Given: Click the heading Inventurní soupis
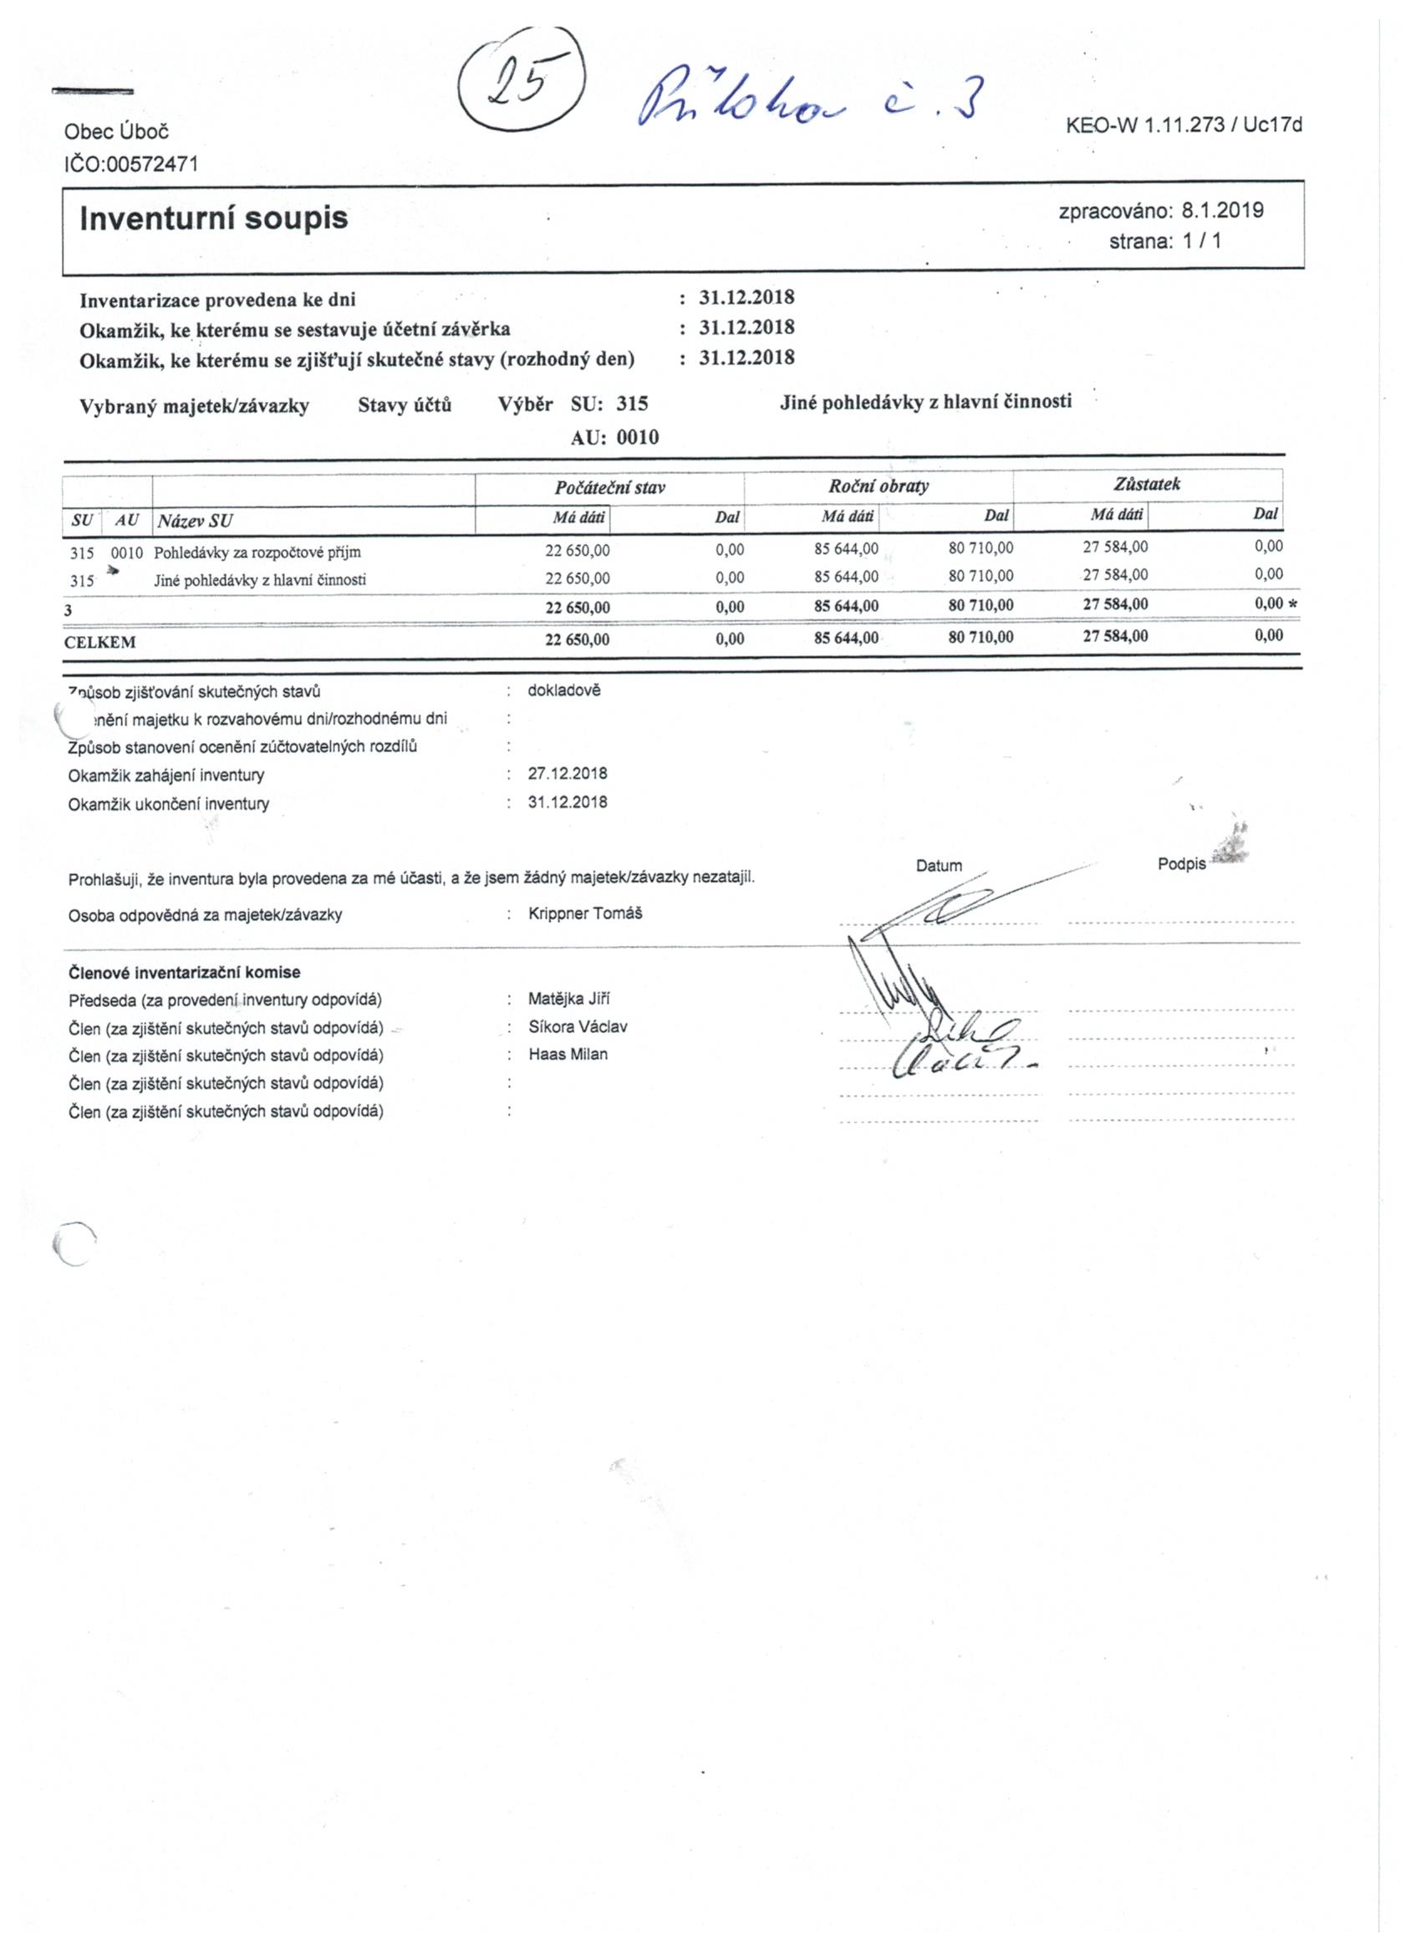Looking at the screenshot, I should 214,218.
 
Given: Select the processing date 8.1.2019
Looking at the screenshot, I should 1222,211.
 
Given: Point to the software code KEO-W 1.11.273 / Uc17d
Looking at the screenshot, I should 1183,125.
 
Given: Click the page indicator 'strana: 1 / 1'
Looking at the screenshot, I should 1164,242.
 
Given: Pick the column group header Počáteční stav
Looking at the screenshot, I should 609,487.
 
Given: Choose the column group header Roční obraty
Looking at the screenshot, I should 879,486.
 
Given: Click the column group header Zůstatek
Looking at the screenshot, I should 1146,484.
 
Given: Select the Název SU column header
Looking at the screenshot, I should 195,521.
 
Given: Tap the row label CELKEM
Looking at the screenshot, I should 100,642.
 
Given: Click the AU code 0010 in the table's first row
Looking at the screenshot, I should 127,552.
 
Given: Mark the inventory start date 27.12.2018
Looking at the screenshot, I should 567,774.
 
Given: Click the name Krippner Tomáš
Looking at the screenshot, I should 585,913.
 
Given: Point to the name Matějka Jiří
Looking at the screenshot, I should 568,1000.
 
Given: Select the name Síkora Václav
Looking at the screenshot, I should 578,1027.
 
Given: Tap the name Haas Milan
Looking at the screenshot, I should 568,1055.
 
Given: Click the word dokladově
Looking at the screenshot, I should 563,691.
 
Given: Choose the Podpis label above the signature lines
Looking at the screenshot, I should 1181,864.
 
